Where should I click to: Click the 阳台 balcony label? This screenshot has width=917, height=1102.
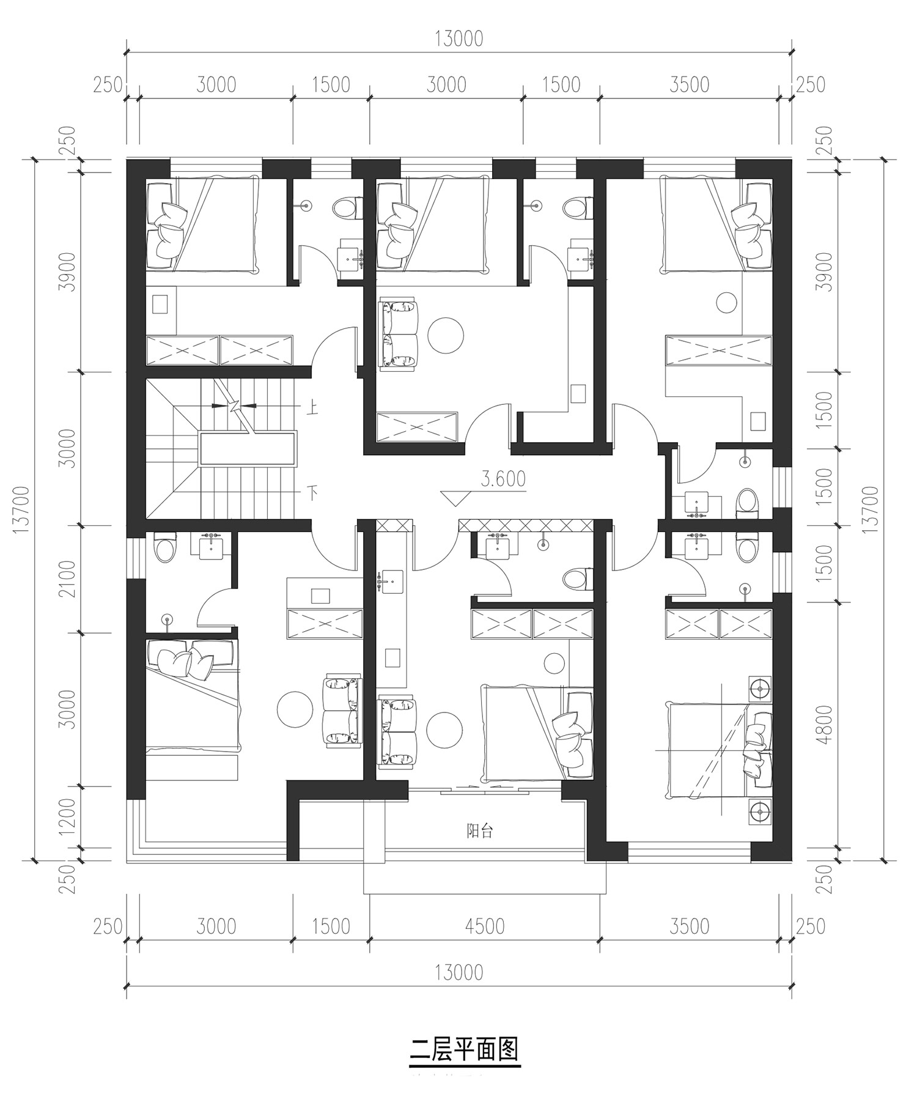click(x=479, y=831)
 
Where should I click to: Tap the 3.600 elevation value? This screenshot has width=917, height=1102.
click(x=503, y=479)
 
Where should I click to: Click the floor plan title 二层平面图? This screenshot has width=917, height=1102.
click(x=464, y=1048)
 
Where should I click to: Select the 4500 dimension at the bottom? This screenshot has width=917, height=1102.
click(x=484, y=926)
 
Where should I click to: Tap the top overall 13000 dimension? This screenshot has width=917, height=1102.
click(x=458, y=39)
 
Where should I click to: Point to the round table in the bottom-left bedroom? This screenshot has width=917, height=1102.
click(x=295, y=709)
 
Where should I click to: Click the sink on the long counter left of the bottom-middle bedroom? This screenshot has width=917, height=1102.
click(x=391, y=580)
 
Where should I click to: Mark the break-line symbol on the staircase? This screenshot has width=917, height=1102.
click(x=234, y=405)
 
